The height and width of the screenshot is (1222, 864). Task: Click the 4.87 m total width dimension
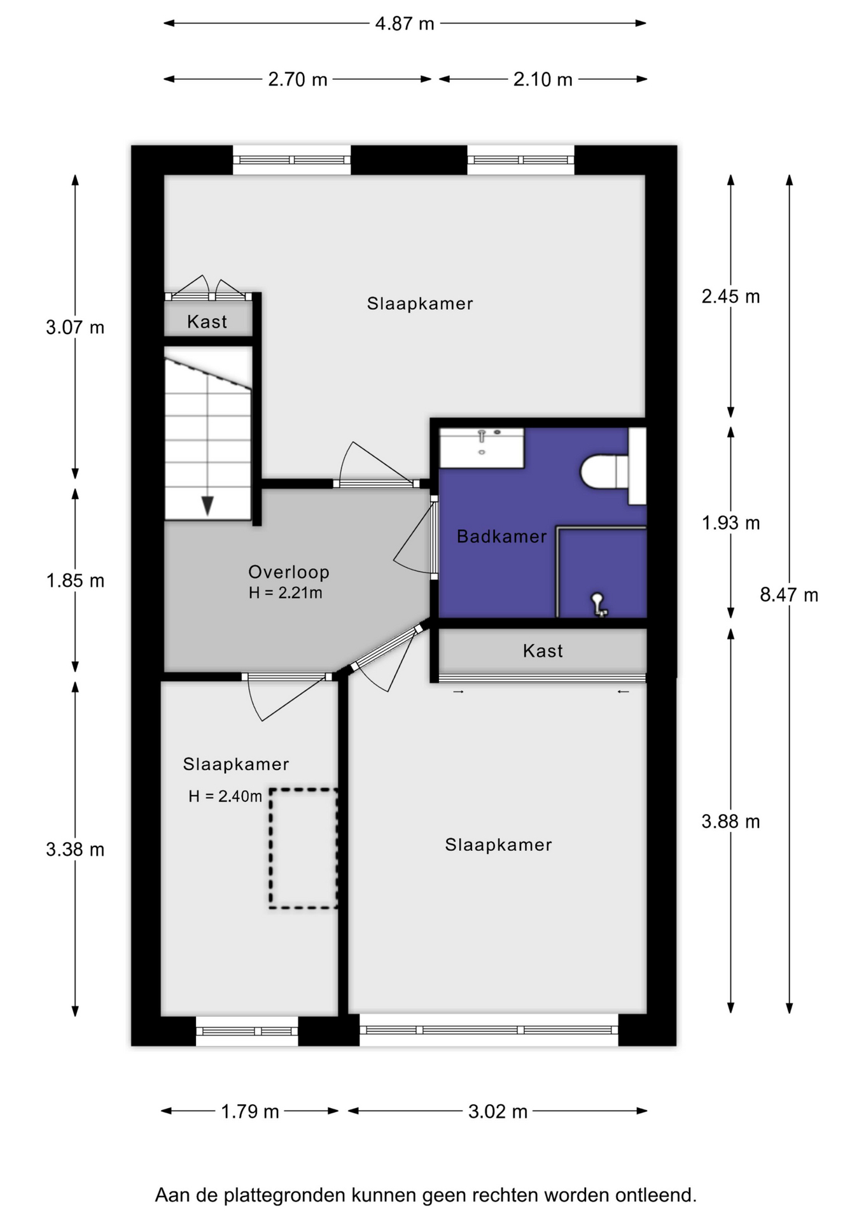pyautogui.click(x=405, y=24)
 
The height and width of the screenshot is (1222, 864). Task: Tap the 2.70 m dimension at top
pyautogui.click(x=297, y=80)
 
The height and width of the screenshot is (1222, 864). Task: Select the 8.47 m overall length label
pyautogui.click(x=789, y=595)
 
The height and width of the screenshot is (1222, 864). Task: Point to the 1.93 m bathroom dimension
pyautogui.click(x=730, y=523)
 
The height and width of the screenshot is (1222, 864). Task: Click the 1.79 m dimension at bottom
pyautogui.click(x=250, y=1111)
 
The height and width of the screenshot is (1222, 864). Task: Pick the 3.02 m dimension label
pyautogui.click(x=498, y=1111)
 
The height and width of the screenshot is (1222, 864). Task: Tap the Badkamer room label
pyautogui.click(x=502, y=537)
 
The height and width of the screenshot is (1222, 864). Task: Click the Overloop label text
pyautogui.click(x=289, y=572)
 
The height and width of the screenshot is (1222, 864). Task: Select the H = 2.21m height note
pyautogui.click(x=285, y=593)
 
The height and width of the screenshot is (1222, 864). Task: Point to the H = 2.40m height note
pyautogui.click(x=225, y=796)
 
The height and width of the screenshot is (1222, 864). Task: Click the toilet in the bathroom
pyautogui.click(x=604, y=471)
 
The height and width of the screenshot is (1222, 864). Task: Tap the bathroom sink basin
pyautogui.click(x=482, y=448)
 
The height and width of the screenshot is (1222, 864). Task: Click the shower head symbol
pyautogui.click(x=599, y=604)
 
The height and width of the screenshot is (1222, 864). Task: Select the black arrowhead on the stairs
pyautogui.click(x=207, y=505)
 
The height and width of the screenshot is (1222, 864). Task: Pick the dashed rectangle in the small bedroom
pyautogui.click(x=303, y=848)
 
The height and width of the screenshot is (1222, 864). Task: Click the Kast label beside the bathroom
pyautogui.click(x=543, y=651)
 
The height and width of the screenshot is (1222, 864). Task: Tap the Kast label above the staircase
pyautogui.click(x=207, y=322)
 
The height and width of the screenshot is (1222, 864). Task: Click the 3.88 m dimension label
pyautogui.click(x=730, y=822)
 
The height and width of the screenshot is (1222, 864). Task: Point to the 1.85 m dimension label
pyautogui.click(x=75, y=580)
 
